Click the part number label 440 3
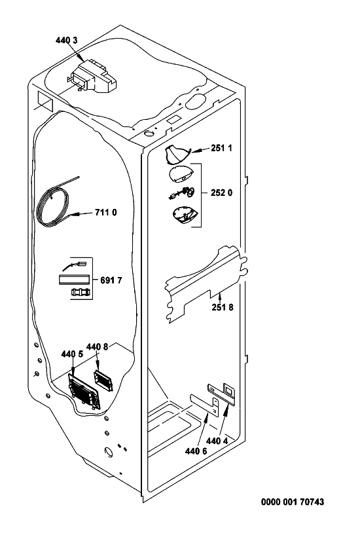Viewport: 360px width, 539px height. [66, 41]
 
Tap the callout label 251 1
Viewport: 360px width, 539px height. [222, 148]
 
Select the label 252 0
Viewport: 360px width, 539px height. [222, 193]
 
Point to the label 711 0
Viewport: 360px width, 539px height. [106, 213]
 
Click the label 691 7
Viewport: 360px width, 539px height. [111, 280]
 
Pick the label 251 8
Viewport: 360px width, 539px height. [223, 307]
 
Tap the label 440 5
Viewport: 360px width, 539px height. [72, 354]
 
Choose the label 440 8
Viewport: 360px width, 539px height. [97, 347]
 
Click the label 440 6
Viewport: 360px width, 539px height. [196, 451]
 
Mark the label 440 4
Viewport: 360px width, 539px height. [217, 441]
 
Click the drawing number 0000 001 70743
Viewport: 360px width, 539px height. [293, 502]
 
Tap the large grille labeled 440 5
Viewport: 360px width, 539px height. [84, 391]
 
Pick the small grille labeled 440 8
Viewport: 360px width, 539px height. [103, 381]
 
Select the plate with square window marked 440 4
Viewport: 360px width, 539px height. [222, 392]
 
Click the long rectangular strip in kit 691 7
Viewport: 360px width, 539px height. [73, 278]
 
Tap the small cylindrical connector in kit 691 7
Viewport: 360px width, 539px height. [81, 293]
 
